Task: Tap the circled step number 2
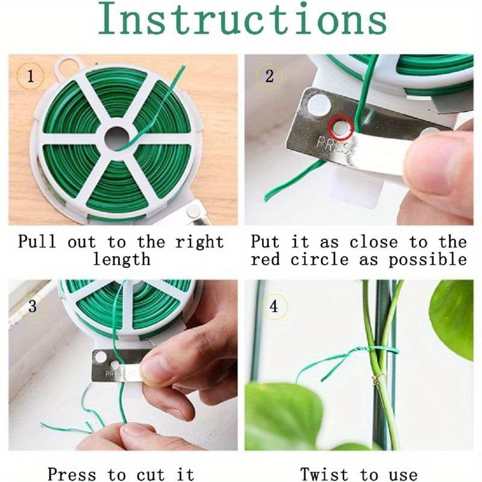tap(269, 77)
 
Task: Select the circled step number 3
tap(32, 306)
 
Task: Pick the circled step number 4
tap(274, 307)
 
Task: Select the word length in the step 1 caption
tap(121, 260)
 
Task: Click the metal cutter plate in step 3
tap(117, 366)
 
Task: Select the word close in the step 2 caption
tap(374, 242)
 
